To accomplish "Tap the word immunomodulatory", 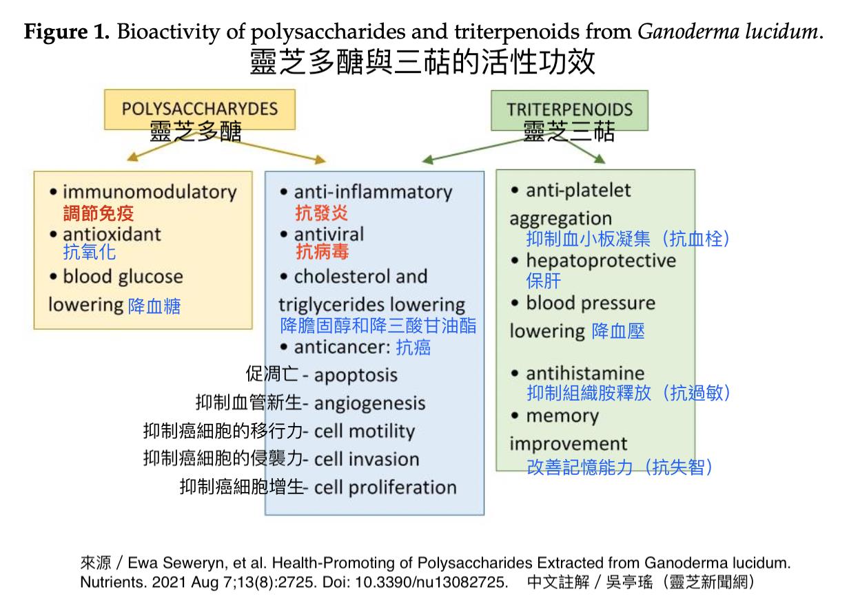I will (149, 192).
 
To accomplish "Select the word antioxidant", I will (112, 234).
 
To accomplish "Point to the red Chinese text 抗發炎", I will (322, 213).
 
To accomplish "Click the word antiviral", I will (329, 234).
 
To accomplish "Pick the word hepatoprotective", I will (601, 261).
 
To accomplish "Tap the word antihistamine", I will (585, 374).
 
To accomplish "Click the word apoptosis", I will (356, 375).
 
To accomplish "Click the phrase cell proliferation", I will (385, 488).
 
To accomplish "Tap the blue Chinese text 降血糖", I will (154, 306).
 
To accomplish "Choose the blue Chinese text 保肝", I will (544, 281).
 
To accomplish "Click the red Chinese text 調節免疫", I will (99, 213).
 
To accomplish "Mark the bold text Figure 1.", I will (67, 32).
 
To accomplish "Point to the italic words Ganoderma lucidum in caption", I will (730, 32).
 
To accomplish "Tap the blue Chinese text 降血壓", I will (618, 332).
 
